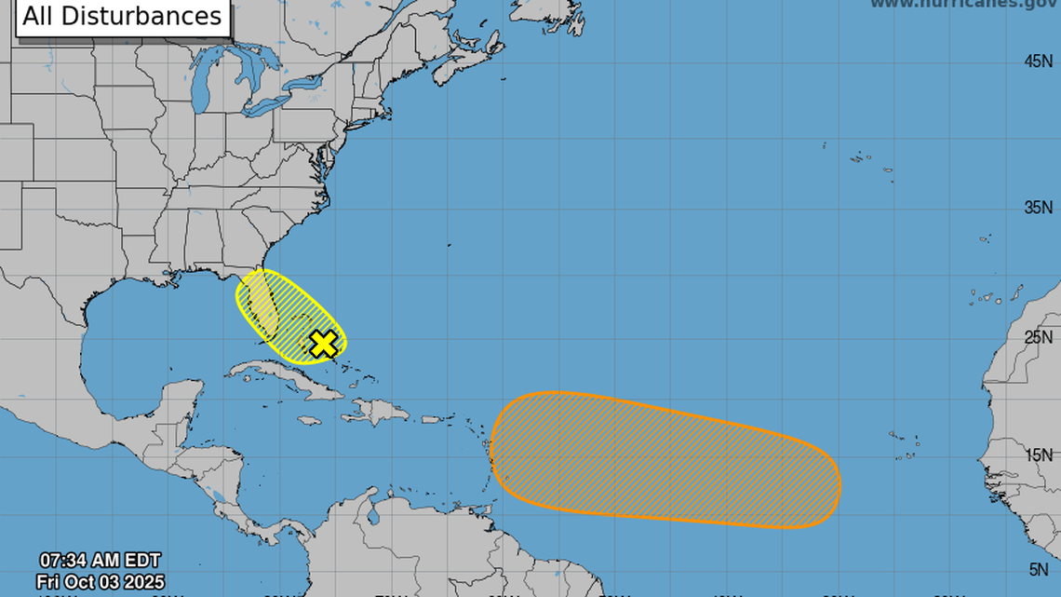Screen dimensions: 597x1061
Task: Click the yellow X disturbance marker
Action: click(x=322, y=344)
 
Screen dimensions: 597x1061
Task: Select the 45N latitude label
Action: click(x=1038, y=61)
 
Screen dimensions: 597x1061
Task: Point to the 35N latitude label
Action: click(x=1038, y=207)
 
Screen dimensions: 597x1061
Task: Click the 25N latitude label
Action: click(x=1038, y=336)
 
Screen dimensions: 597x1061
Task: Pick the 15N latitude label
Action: click(x=1038, y=455)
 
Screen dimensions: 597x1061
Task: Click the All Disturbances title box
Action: click(x=122, y=17)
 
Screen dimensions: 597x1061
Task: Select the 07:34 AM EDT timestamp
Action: click(x=100, y=561)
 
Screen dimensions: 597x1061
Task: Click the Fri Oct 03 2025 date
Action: click(x=100, y=581)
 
